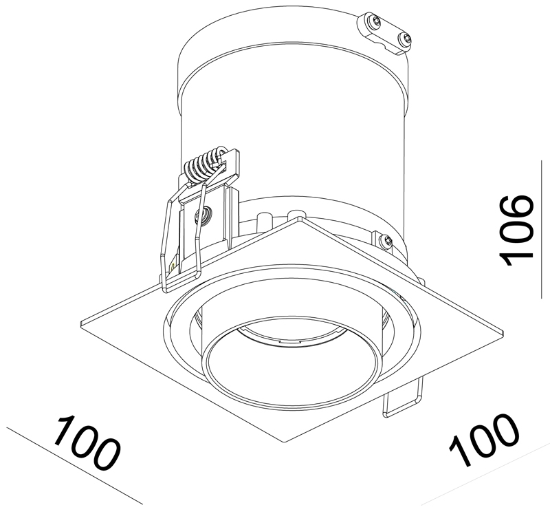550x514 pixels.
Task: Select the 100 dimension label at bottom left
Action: [x=87, y=443]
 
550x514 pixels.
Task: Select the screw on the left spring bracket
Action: [x=203, y=214]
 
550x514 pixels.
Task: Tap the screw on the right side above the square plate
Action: [x=386, y=241]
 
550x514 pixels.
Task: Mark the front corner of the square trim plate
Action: [x=286, y=442]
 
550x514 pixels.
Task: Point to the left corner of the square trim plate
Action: [x=80, y=323]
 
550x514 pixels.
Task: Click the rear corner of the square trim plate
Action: [x=300, y=217]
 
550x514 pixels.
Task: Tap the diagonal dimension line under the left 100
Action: [x=75, y=466]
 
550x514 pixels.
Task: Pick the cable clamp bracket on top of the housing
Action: [x=384, y=33]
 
